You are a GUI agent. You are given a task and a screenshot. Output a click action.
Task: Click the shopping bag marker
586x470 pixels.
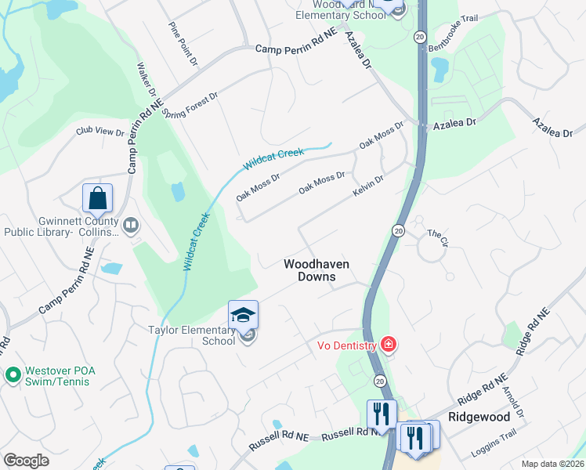pos(97,199)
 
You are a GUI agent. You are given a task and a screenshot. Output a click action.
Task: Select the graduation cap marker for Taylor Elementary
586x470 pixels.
pos(243,315)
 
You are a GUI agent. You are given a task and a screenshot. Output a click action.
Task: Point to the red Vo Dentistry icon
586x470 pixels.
pos(387,345)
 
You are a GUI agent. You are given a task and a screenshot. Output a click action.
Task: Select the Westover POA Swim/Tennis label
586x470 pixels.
pos(56,376)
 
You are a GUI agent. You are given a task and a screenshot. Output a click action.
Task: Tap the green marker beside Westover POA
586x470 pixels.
pos(12,375)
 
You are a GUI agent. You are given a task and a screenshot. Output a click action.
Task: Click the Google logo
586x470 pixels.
pos(27,461)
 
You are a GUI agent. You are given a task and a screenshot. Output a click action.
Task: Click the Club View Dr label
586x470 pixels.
pos(100,132)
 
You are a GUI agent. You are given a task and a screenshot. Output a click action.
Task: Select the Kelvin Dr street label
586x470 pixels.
pos(367,186)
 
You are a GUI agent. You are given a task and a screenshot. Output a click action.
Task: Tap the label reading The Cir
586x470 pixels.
pos(437,233)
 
